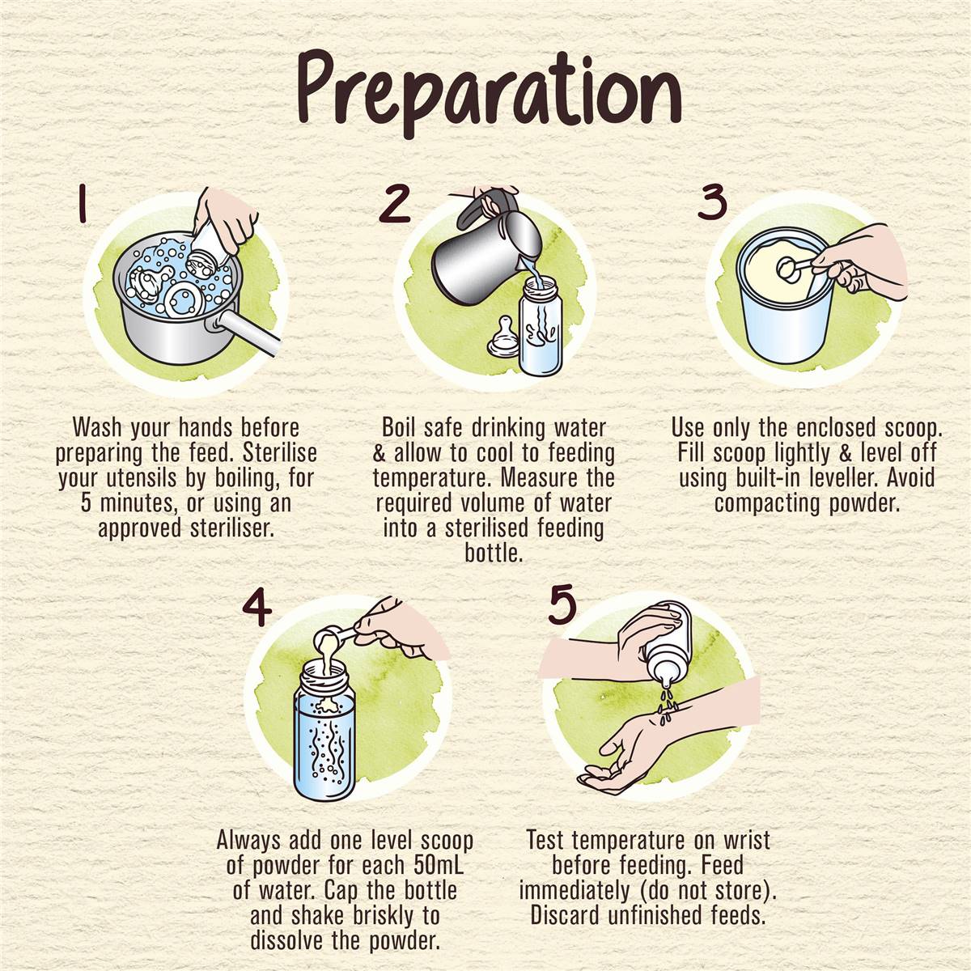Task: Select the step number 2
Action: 395,203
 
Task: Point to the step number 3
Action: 712,201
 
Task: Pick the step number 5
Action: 563,606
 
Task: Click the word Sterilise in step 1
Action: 280,453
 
